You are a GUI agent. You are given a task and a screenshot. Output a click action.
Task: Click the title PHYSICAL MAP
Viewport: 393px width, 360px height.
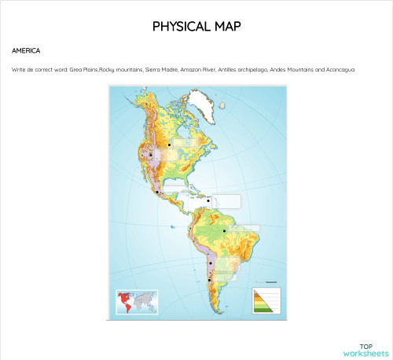196,26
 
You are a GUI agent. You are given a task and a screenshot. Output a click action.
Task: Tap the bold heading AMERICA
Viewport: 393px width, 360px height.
26,50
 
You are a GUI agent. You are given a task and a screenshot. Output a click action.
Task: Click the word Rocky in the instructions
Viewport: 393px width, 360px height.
109,69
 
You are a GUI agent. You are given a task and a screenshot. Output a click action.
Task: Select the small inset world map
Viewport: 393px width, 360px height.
137,302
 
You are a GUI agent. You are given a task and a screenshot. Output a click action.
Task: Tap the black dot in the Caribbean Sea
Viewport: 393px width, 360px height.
208,200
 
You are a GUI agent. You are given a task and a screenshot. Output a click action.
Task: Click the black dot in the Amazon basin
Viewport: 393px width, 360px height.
225,230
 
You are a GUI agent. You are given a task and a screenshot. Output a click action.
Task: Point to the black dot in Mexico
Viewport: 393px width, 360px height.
158,191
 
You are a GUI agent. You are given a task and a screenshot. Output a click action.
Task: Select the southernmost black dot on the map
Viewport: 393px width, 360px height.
209,280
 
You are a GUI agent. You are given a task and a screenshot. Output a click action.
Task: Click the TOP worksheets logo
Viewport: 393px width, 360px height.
366,350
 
